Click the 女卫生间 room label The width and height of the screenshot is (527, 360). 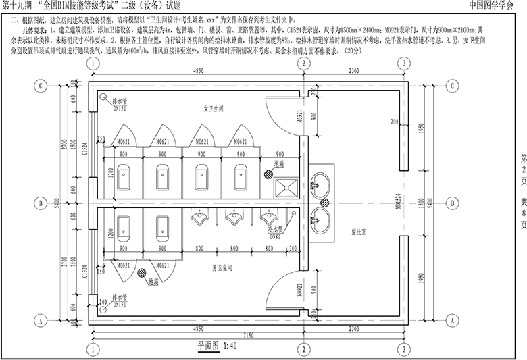tap(214, 108)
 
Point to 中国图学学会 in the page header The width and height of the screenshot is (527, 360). tap(496, 5)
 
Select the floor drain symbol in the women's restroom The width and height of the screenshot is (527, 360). tap(268, 174)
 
